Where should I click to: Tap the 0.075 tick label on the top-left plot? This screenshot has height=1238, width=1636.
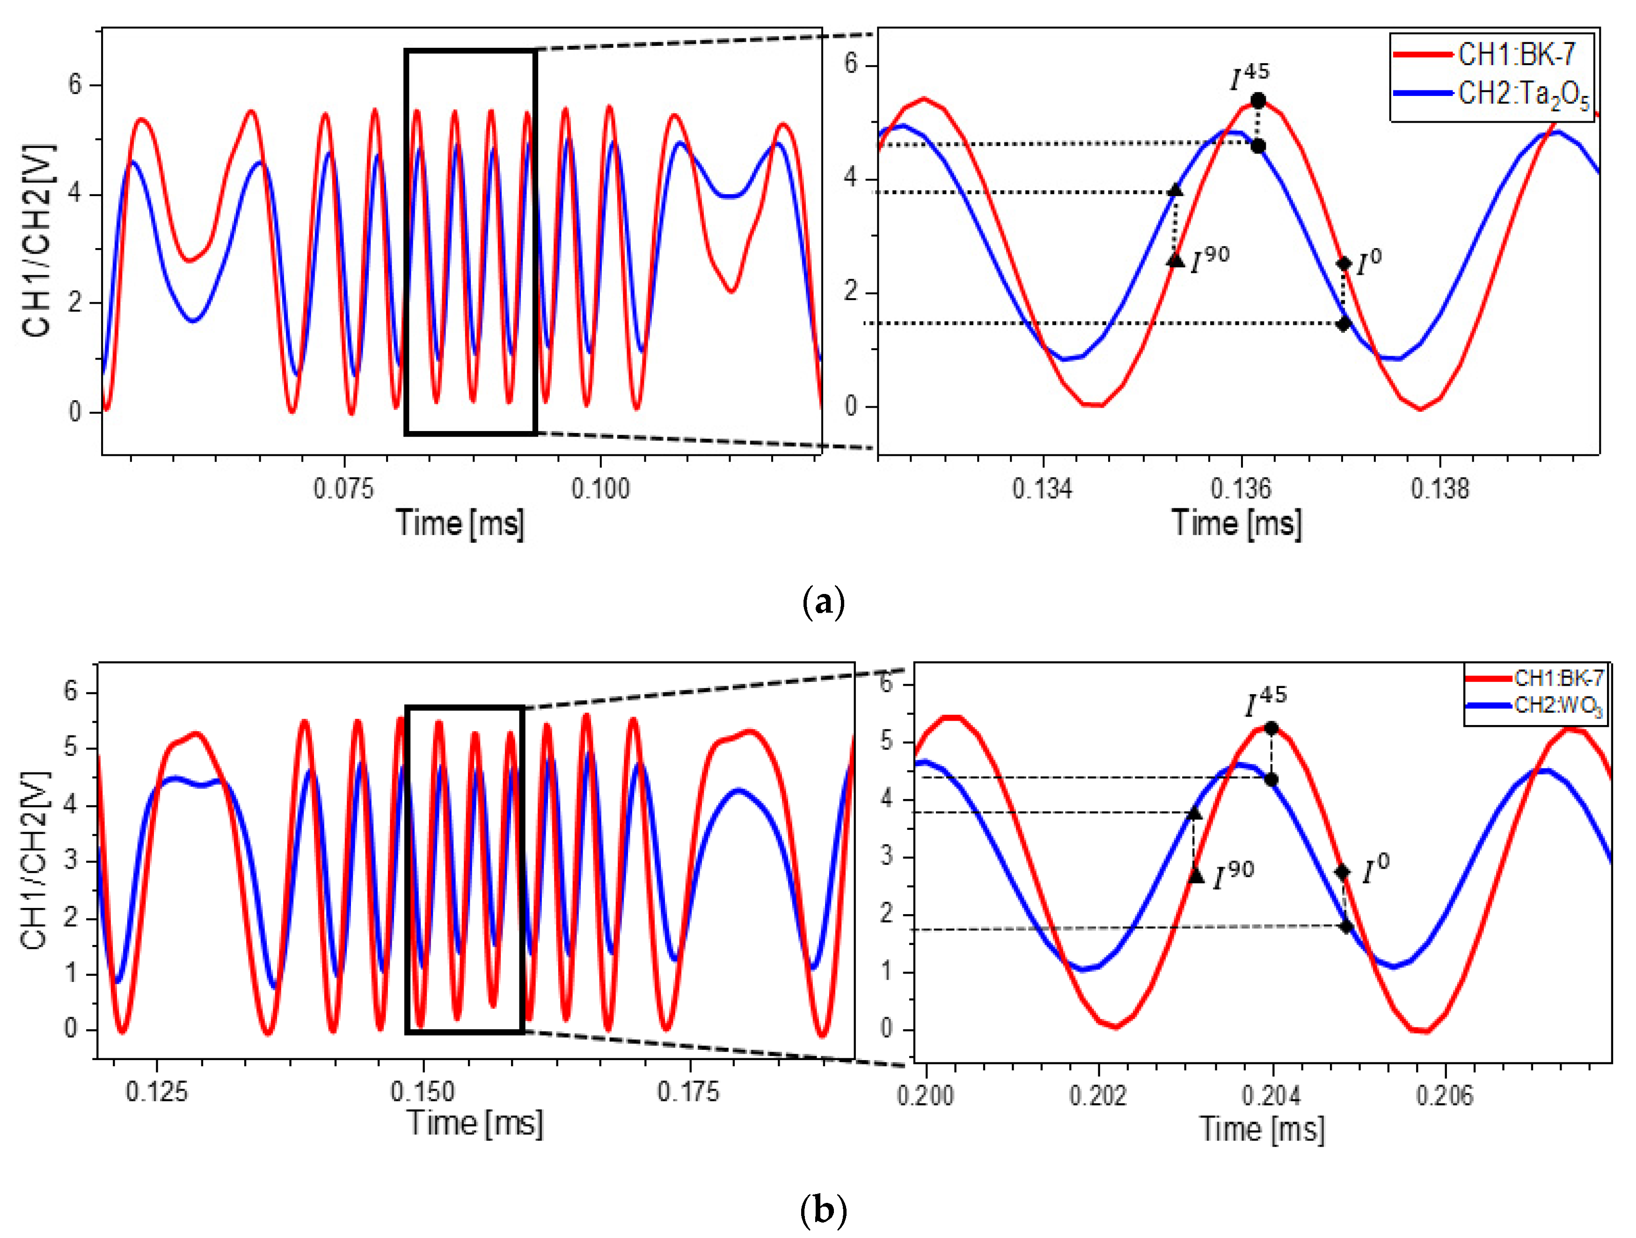343,489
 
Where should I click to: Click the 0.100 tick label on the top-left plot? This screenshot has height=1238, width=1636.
600,489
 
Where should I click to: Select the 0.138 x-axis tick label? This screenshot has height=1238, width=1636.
1439,489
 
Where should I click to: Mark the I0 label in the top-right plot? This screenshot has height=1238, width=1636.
1369,262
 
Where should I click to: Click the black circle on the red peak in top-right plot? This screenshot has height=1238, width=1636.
1258,101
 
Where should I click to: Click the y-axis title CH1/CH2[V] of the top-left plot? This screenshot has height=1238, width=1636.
37,241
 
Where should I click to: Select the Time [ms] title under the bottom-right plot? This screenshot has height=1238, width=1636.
1262,1129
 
